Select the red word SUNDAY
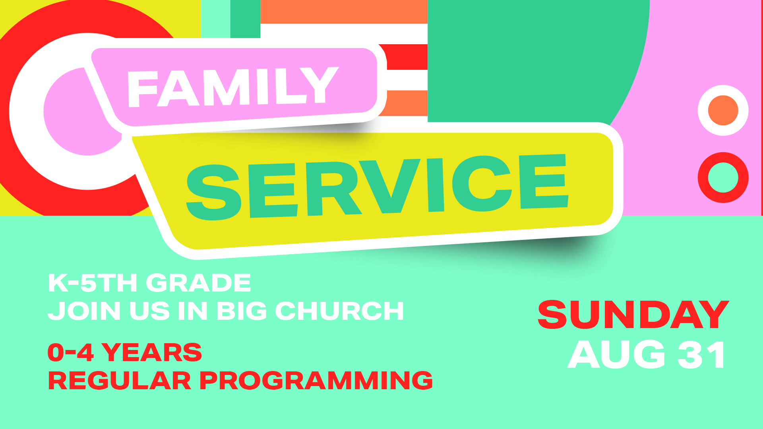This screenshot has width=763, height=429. click(633, 315)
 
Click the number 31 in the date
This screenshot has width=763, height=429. click(701, 355)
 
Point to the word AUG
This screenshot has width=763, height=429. click(616, 355)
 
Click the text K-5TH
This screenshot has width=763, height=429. click(93, 283)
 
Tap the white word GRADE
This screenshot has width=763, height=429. click(199, 283)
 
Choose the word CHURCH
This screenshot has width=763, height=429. click(339, 311)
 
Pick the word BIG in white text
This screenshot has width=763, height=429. click(242, 311)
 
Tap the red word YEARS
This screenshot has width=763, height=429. click(152, 352)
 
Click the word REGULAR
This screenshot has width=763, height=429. click(120, 381)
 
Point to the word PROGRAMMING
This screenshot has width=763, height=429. click(316, 381)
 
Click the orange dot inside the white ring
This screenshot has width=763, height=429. click(723, 110)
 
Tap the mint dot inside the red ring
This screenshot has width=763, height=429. click(723, 178)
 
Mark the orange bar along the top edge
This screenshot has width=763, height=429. click(344, 12)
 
